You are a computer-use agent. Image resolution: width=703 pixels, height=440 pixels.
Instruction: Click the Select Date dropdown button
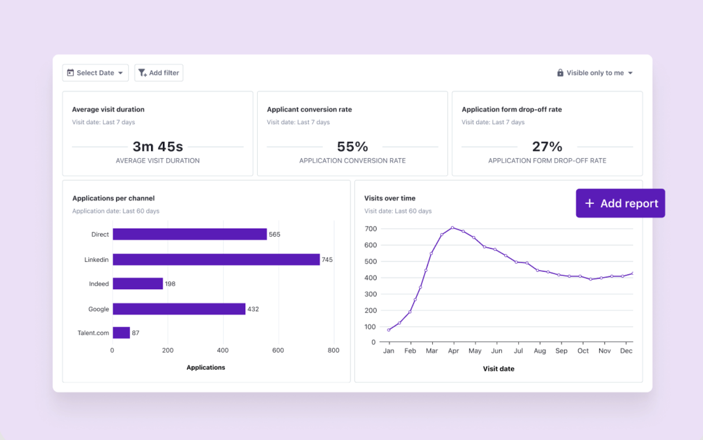click(x=95, y=73)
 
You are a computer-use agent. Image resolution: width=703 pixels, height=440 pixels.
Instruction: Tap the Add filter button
click(x=159, y=73)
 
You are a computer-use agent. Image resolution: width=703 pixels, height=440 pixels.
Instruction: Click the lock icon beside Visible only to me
click(x=560, y=73)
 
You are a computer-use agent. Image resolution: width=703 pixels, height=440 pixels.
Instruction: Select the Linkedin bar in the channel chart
click(x=216, y=259)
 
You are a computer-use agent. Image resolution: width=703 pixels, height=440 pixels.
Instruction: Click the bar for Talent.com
click(x=121, y=333)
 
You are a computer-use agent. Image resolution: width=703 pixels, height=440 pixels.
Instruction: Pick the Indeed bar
click(x=138, y=284)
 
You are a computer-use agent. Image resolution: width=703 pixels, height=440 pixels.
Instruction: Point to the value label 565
click(x=275, y=234)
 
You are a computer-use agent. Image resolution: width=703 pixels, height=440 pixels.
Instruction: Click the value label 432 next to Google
click(x=253, y=309)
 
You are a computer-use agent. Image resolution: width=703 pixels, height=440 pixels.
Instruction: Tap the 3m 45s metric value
click(x=158, y=146)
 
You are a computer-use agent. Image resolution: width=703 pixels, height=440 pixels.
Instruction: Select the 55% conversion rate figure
click(x=352, y=146)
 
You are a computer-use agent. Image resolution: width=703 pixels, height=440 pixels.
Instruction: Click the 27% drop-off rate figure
click(x=547, y=146)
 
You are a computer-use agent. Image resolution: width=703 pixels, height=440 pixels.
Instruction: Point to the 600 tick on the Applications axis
click(x=278, y=350)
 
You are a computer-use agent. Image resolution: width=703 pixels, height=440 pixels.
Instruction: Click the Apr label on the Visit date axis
click(x=453, y=351)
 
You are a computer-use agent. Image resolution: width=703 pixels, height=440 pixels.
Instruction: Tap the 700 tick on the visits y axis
click(x=371, y=229)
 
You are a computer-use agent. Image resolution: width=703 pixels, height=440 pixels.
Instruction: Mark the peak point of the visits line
click(x=453, y=227)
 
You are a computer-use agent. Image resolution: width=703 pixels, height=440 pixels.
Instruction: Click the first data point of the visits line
click(x=389, y=330)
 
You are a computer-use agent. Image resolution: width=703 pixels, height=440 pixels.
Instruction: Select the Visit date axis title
click(x=499, y=369)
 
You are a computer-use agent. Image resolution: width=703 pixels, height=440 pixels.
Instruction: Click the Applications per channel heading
click(x=114, y=198)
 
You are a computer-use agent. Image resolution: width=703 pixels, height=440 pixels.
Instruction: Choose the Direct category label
click(x=100, y=234)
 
